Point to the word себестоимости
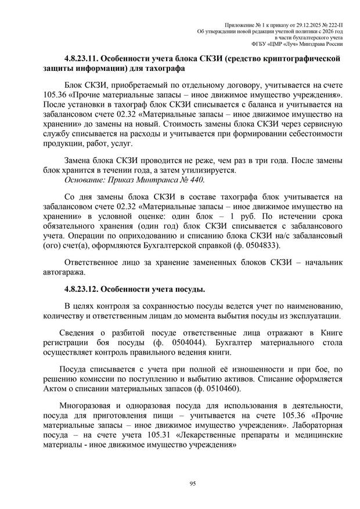pos(311,133)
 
